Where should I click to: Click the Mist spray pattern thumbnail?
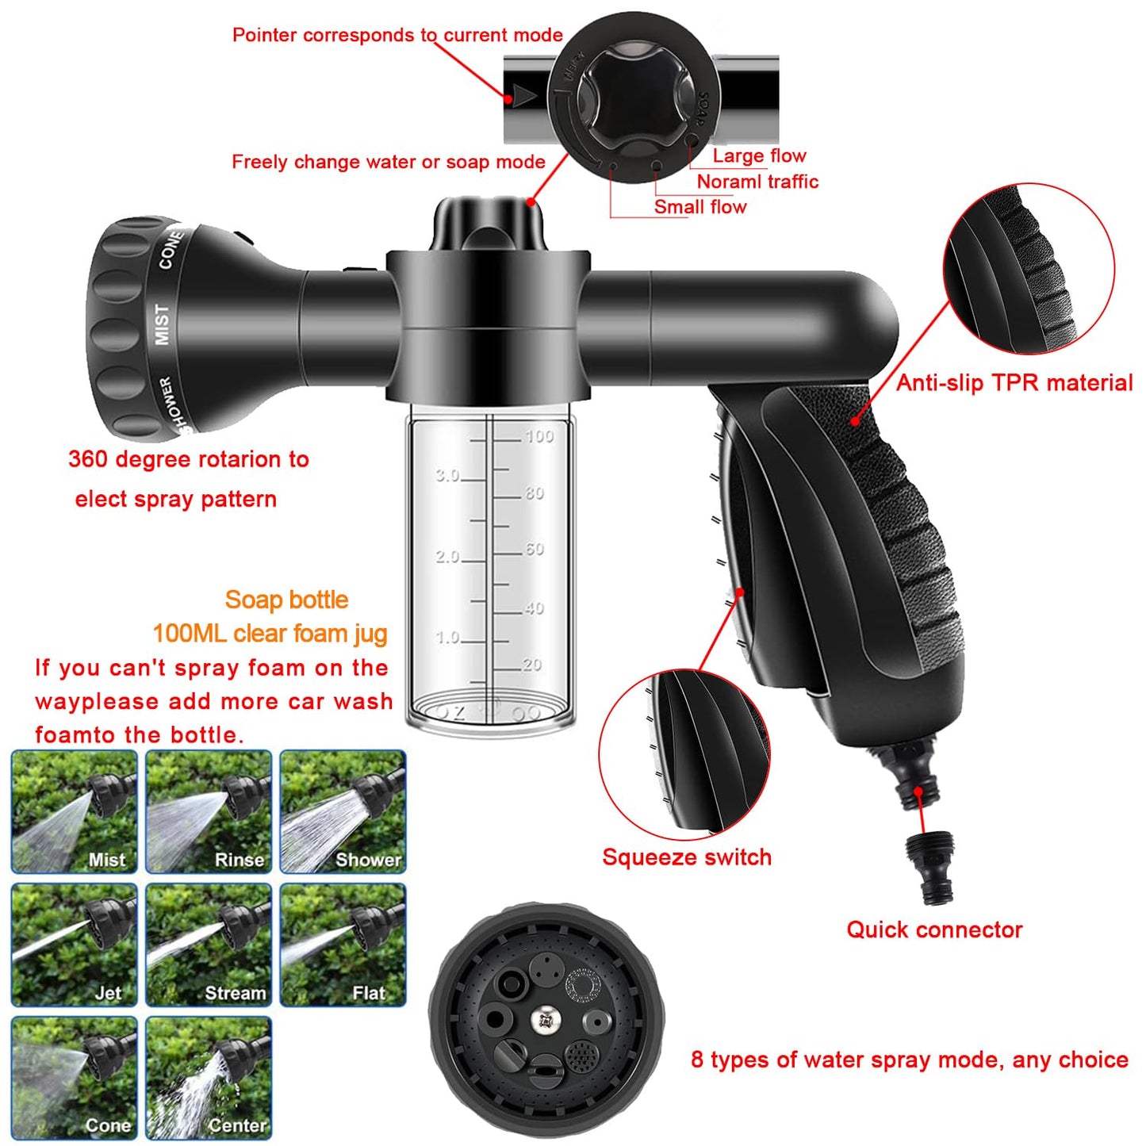point(75,811)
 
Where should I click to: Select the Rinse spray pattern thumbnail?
point(209,811)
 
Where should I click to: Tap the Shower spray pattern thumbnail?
point(343,811)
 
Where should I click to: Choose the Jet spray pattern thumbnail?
point(75,945)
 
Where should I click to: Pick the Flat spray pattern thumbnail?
point(343,945)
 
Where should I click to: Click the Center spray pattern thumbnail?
point(209,1078)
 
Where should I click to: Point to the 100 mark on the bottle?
point(539,436)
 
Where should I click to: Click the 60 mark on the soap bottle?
point(535,549)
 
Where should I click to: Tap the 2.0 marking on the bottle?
point(447,557)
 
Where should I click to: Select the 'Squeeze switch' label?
point(686,857)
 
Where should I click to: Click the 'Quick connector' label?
point(934,929)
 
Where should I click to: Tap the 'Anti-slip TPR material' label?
point(1014,383)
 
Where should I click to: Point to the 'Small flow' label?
point(699,207)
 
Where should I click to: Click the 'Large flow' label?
point(759,155)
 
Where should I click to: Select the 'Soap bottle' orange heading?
point(286,600)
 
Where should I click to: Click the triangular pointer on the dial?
point(524,96)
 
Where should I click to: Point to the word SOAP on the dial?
point(701,110)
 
